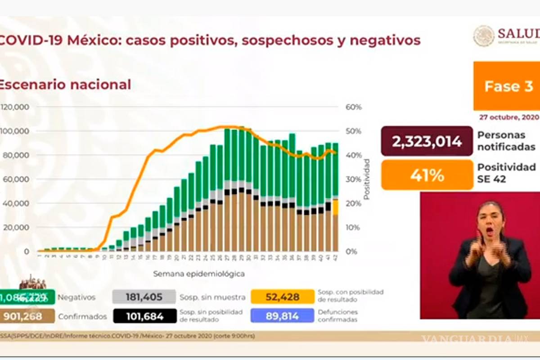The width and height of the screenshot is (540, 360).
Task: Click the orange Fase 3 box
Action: tap(507, 86)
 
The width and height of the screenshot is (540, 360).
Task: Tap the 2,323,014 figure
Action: tap(427, 141)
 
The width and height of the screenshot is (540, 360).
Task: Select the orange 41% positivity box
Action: tap(427, 175)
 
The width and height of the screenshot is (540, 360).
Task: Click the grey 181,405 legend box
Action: tap(144, 297)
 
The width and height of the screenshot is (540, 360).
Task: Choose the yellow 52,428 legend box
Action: tap(283, 297)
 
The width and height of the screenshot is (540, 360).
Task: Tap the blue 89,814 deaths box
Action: tap(283, 316)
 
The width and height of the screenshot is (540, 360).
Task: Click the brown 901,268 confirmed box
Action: tap(27, 316)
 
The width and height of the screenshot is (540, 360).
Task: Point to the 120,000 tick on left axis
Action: tap(15, 107)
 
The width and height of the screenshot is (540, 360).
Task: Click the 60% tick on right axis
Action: tap(354, 107)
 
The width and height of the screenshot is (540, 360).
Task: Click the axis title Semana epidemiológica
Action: tap(199, 274)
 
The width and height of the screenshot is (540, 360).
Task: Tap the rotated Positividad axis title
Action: tap(367, 179)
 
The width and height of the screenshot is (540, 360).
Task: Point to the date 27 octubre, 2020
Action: tap(508, 117)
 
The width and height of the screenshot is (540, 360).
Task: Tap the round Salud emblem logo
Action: tap(483, 36)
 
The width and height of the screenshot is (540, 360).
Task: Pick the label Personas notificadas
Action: tap(506, 141)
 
